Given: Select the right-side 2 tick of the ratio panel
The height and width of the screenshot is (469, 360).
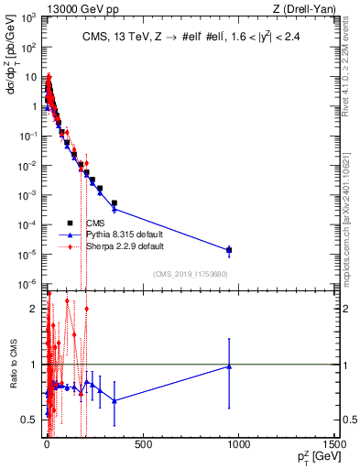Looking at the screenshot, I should [343, 309].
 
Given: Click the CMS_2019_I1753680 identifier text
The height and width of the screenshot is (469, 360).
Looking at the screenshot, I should [190, 273].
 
